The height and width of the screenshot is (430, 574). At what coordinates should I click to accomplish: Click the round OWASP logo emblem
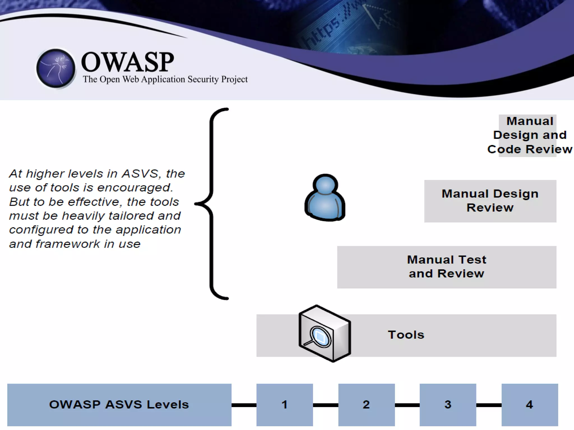point(56,68)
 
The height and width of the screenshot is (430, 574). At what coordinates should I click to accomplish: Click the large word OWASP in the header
point(128,62)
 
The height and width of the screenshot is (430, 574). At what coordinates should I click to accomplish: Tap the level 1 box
point(284,405)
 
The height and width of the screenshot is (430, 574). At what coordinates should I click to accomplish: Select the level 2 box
point(366,405)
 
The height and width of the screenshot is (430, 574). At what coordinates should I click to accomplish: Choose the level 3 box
point(448,405)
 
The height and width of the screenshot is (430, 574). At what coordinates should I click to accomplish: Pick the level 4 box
point(529,405)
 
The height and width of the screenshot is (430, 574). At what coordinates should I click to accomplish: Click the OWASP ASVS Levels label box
point(119,405)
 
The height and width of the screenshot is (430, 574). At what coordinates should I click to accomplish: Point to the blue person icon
point(325,198)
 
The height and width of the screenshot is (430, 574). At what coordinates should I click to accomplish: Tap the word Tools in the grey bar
point(406,335)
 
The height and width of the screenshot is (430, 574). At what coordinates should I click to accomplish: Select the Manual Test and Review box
point(446,267)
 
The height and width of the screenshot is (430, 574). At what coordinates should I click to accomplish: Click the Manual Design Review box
point(490,201)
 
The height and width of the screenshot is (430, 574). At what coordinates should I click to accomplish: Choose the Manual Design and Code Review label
point(529,135)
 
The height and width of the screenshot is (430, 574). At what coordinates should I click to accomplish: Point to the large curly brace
point(213,204)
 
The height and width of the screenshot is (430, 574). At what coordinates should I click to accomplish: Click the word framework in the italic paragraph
point(68,244)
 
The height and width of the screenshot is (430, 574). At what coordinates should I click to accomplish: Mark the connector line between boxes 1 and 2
point(325,405)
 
